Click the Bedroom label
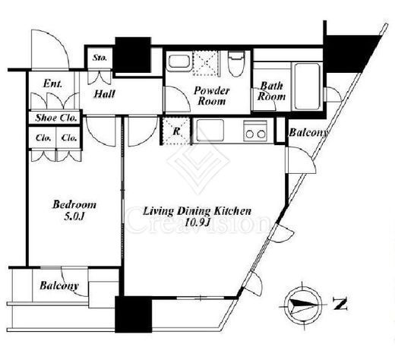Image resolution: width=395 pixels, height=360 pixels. tap(74, 204)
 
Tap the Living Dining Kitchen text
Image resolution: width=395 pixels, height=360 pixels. tap(197, 211)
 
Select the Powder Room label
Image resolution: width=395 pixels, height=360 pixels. tap(212, 96)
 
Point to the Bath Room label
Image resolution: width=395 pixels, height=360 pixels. tap(271, 91)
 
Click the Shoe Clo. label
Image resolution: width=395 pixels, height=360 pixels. tap(56, 118)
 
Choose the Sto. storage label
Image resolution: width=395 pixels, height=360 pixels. tap(100, 58)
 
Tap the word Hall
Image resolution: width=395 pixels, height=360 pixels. tap(104, 94)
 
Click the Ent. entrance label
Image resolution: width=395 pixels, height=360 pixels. tap(52, 84)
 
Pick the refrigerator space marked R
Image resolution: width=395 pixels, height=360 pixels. tap(176, 131)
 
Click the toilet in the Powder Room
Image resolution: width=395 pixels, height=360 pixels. tap(236, 64)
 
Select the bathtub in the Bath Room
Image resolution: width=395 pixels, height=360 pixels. tap(307, 87)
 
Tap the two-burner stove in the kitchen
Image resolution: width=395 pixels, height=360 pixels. tap(255, 131)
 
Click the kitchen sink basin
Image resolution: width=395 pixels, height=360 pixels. tap(210, 131)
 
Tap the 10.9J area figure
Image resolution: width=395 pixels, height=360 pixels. tap(197, 223)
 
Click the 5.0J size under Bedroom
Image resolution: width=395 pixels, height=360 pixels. tap(74, 216)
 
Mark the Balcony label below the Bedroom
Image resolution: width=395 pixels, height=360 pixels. tap(59, 286)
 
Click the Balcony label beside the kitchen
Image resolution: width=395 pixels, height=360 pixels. tap(308, 132)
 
